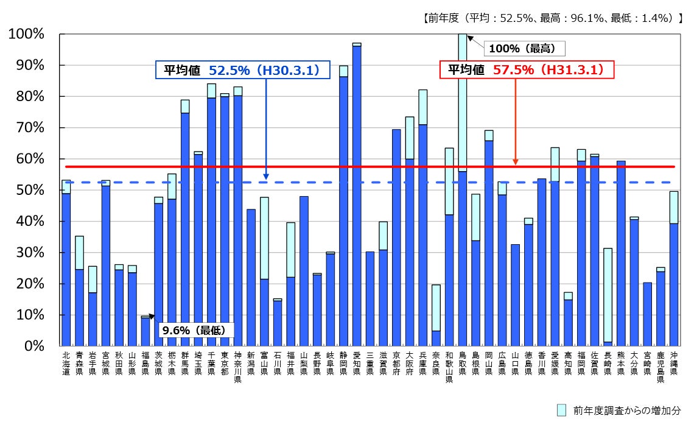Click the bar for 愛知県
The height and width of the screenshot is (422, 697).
pos(357,195)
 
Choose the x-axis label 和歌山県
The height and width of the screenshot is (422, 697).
pos(449,367)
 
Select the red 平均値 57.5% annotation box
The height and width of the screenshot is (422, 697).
pos(527,70)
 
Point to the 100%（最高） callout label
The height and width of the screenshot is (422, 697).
pos(522,47)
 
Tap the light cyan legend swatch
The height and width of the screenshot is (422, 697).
pos(561,410)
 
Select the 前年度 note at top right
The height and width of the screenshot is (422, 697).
pos(552,19)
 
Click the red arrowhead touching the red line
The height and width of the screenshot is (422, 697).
pos(516,162)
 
